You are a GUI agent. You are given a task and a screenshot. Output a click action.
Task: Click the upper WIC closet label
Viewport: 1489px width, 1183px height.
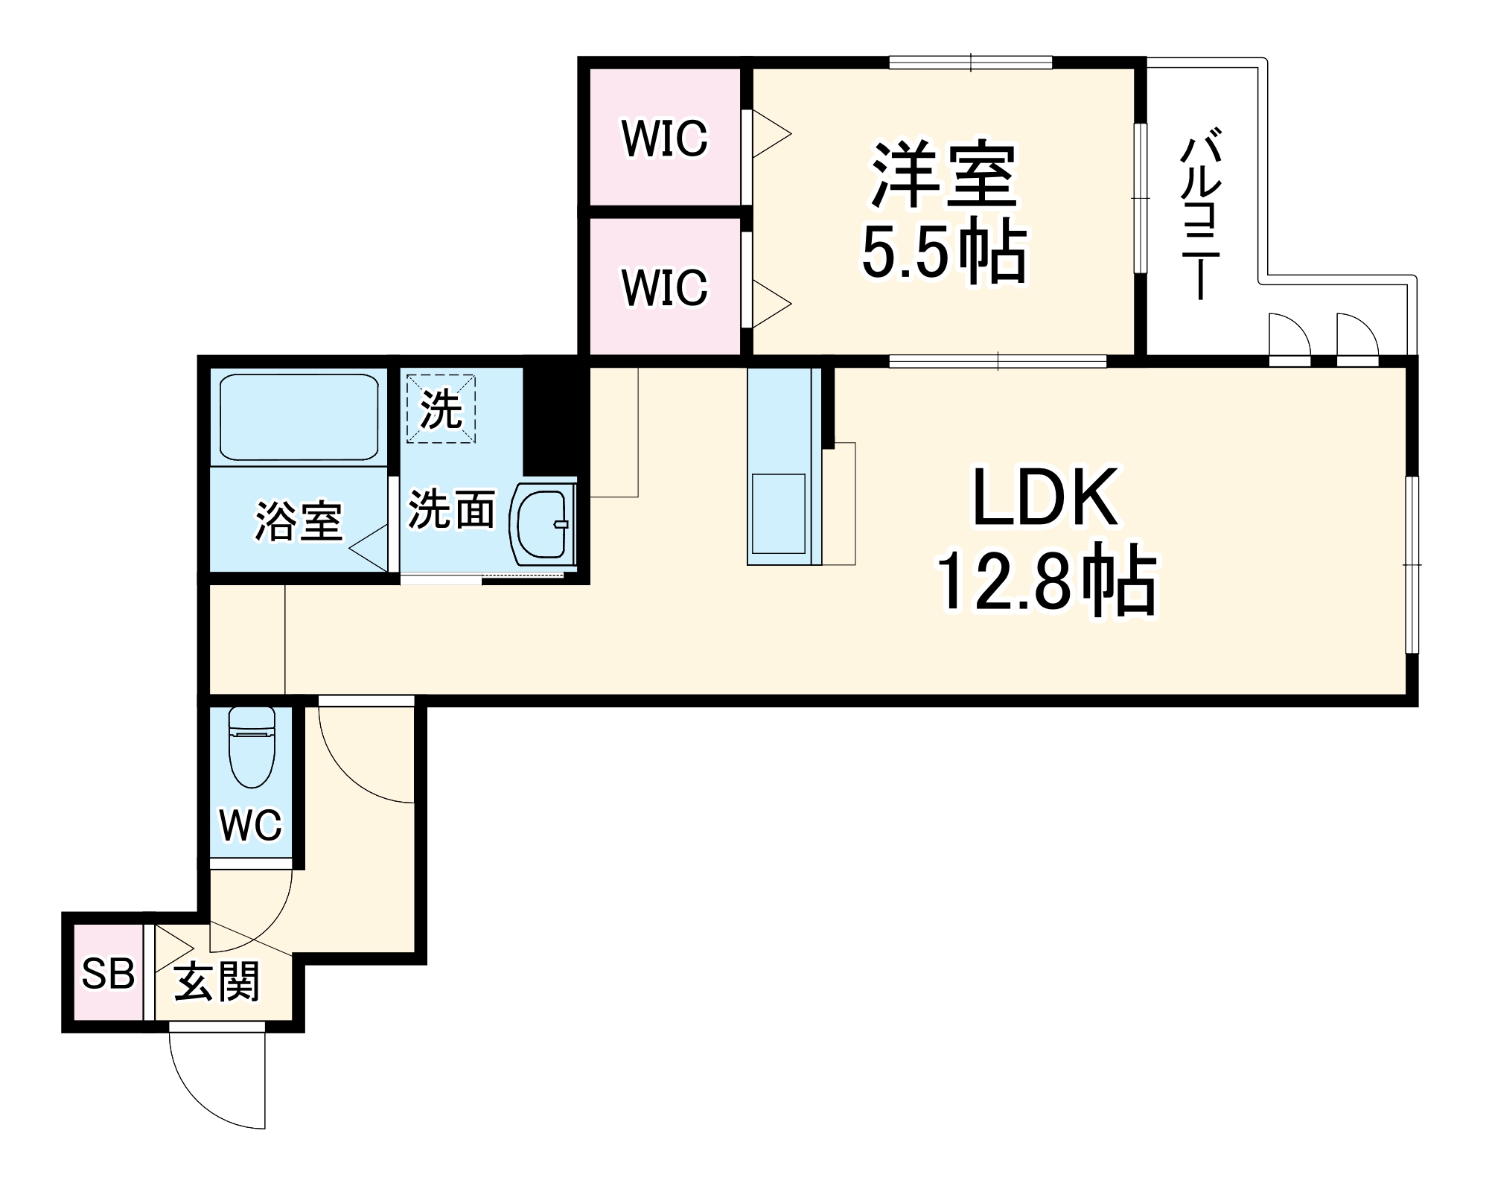[x=664, y=138]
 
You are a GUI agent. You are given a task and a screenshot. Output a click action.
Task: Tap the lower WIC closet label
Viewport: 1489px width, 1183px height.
[x=664, y=287]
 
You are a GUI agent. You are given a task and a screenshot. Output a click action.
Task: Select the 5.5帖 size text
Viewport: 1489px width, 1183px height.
[x=944, y=252]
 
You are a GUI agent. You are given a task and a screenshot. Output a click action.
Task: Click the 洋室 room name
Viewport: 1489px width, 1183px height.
[x=944, y=176]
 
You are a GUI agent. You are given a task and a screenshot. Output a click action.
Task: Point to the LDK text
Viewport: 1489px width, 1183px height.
[x=1045, y=497]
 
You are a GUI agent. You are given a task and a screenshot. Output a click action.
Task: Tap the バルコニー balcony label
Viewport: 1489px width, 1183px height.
[x=1199, y=216]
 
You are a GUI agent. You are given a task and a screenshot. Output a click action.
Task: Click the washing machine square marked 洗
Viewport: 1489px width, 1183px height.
[x=441, y=409]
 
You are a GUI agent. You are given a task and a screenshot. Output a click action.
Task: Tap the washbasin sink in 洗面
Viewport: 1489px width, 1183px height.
[x=539, y=523]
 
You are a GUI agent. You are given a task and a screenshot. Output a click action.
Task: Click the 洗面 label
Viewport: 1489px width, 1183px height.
[x=451, y=511]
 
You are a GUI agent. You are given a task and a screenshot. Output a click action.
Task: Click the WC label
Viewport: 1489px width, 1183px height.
[x=251, y=824]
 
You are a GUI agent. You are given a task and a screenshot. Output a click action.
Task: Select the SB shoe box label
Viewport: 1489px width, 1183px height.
[x=108, y=973]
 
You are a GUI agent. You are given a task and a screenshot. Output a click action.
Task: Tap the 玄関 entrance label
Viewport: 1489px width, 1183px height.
[x=217, y=982]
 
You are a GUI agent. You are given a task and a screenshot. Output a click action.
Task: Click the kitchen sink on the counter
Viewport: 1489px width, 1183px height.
[x=778, y=514]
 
